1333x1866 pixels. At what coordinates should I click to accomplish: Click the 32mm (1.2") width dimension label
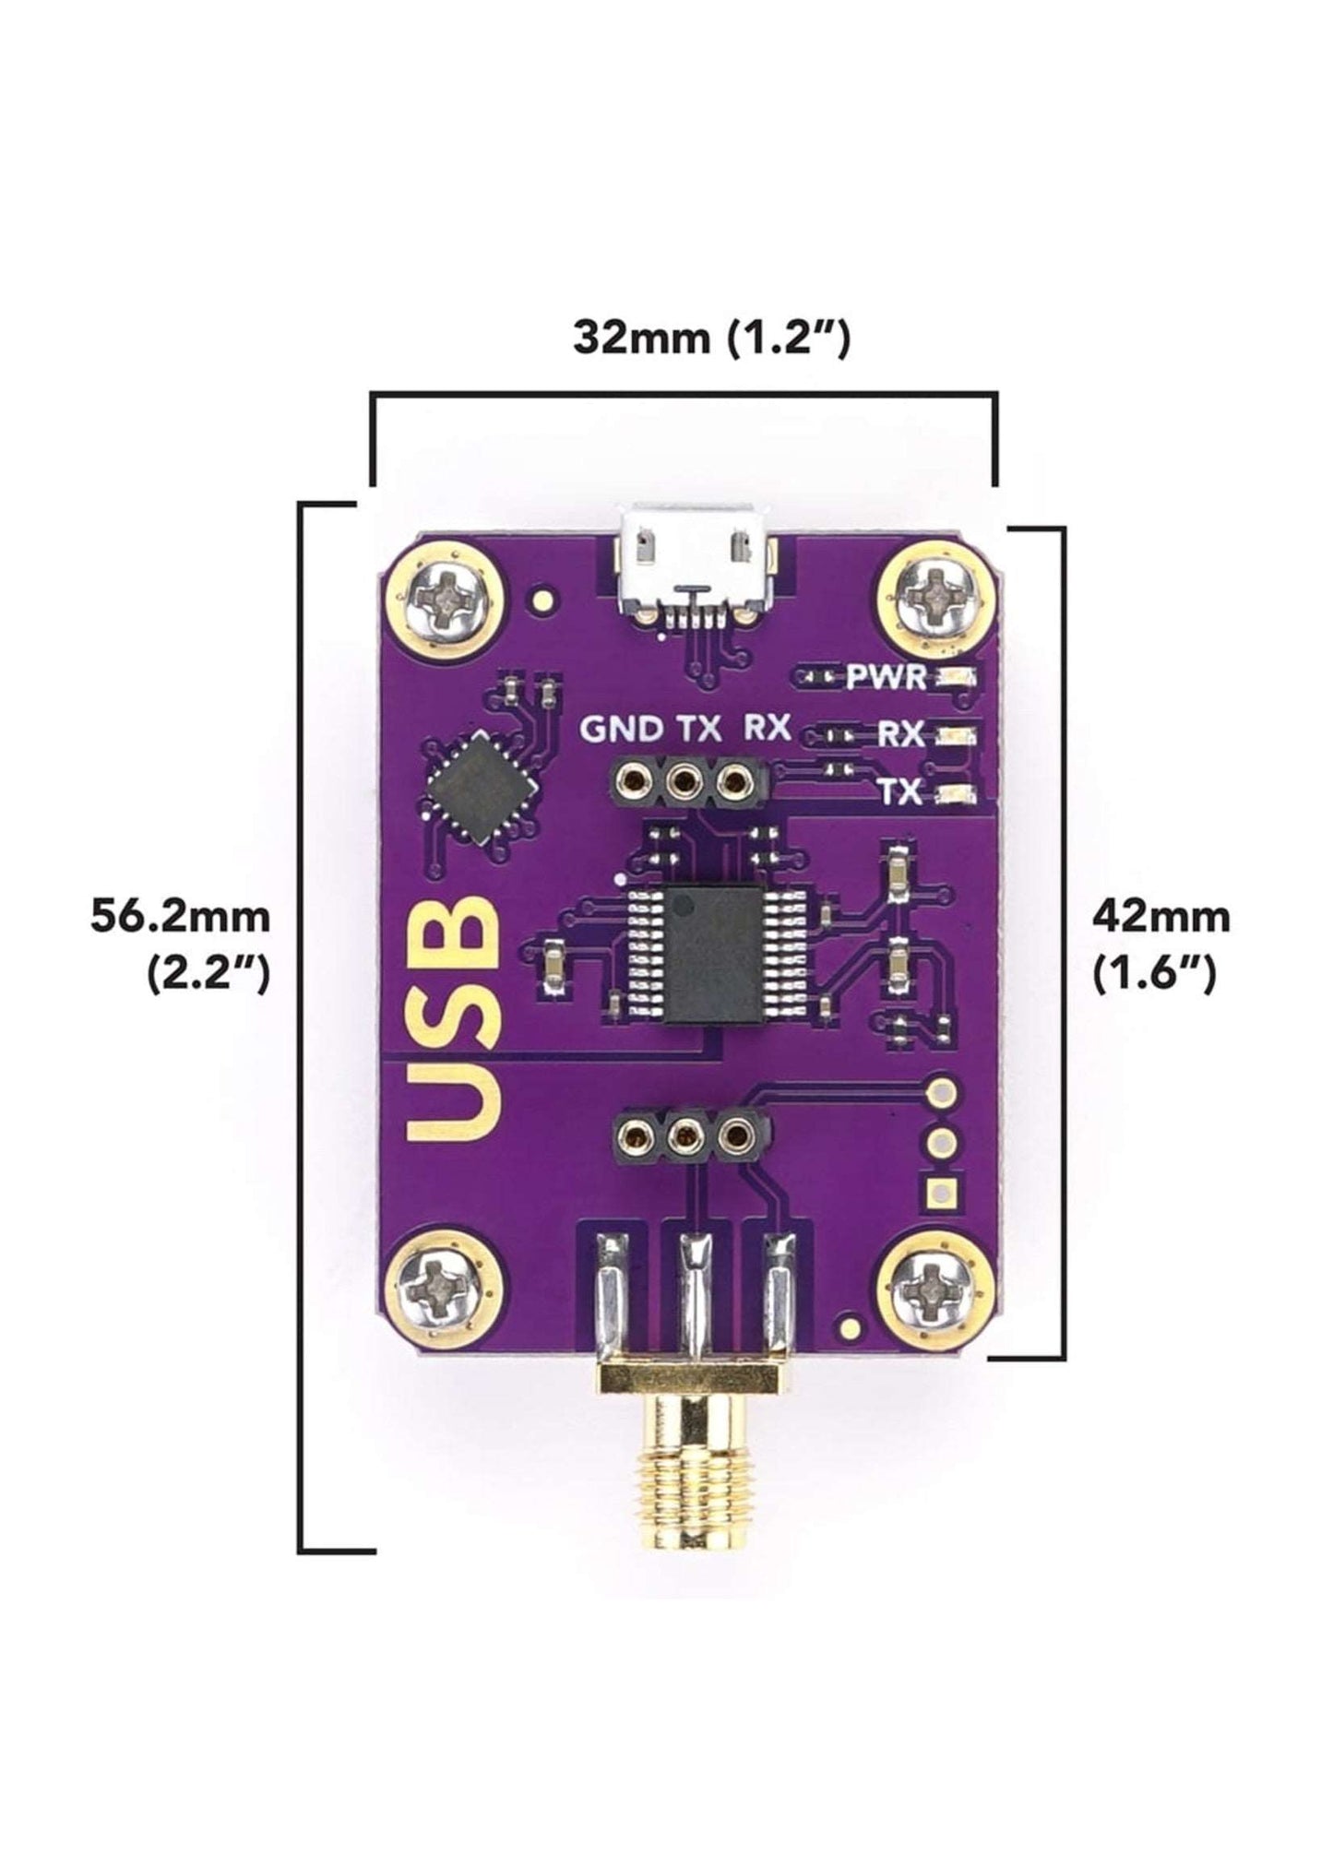[711, 338]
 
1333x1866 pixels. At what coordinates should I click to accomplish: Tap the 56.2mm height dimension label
[181, 918]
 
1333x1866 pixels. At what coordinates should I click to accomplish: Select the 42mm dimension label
[1160, 918]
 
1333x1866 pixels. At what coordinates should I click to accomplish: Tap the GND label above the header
[621, 730]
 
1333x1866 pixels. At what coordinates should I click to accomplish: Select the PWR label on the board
[887, 678]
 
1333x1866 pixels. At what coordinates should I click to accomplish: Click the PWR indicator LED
[955, 678]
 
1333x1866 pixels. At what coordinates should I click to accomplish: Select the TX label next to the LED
[898, 791]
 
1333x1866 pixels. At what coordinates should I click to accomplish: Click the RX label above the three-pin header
[767, 729]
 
